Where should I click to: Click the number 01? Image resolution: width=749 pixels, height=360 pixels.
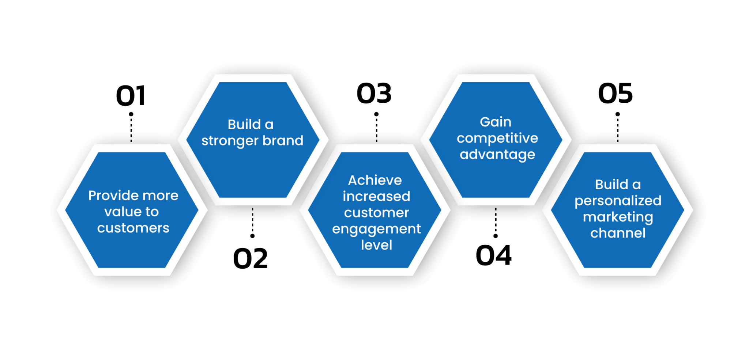coord(131,96)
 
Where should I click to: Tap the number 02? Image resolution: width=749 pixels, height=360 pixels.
coord(251,258)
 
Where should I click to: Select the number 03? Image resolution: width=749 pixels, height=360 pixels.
coord(374,93)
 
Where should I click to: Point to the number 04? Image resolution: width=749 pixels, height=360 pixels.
coord(493,255)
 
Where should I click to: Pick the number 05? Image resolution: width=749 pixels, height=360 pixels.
coord(616,93)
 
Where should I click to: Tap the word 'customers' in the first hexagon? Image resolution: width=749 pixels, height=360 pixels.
coord(133,228)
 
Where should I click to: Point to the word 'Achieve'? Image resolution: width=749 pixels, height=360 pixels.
coord(375,180)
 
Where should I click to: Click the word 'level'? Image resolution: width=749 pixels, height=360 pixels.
coord(376,245)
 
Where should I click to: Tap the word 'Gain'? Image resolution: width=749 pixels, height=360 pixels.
coord(496,122)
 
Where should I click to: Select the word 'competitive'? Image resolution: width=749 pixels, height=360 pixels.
coord(497,138)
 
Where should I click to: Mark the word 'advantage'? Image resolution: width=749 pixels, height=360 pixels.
coord(497,155)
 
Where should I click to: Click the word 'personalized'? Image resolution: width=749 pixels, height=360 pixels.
coord(618,201)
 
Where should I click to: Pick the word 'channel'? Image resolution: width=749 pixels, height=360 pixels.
coord(618,233)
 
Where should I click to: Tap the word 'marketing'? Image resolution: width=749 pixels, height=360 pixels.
coord(618,217)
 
